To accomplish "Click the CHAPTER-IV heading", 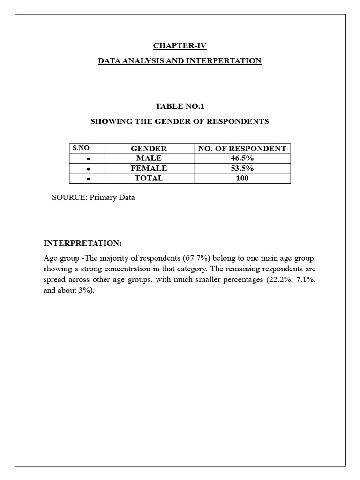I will (x=180, y=46).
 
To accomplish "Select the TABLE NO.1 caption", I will (x=180, y=106).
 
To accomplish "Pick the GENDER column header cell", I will (x=149, y=149).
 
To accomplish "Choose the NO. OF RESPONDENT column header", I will (x=242, y=149).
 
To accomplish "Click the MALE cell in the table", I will (x=149, y=158).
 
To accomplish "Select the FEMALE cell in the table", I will (x=149, y=168).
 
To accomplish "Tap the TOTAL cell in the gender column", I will (x=149, y=178).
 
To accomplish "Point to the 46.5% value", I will (x=242, y=158).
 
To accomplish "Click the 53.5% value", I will (x=242, y=168).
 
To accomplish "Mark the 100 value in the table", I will (x=242, y=178).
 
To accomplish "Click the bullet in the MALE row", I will (x=88, y=159).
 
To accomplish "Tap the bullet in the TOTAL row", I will (x=88, y=179).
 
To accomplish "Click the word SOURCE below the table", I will (x=68, y=197).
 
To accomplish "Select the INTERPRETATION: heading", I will (x=82, y=243).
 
